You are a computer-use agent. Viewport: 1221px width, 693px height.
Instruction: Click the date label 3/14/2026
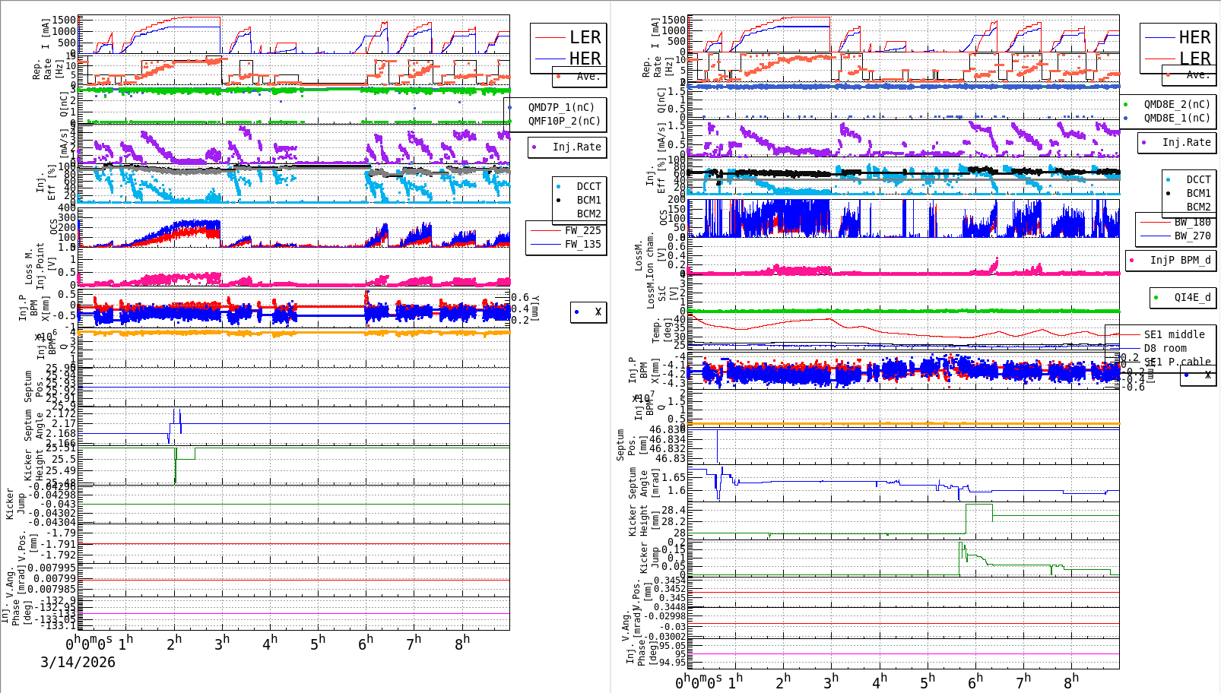coord(78,662)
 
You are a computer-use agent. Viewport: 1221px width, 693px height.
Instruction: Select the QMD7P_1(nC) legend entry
coord(561,107)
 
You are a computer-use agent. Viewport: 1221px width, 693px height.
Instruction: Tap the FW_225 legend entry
coord(582,230)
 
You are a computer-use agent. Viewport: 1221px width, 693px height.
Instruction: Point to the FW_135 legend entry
coord(582,244)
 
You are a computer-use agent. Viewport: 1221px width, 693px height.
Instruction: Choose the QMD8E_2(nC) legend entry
coord(1176,104)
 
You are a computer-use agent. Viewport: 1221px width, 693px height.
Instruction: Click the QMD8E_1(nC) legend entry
coord(1176,118)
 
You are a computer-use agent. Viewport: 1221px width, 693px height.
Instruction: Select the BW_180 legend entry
coord(1192,222)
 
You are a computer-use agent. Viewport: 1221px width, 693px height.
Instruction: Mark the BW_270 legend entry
coord(1192,236)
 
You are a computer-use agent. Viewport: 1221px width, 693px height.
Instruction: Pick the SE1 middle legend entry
coord(1174,334)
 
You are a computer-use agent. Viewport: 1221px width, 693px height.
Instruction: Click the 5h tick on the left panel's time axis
coord(318,642)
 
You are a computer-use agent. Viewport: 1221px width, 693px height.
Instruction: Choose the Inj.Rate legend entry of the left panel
coord(576,147)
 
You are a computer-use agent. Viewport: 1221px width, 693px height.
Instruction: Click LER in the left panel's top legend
coord(585,37)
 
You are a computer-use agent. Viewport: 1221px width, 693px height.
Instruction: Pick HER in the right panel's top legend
coord(1194,37)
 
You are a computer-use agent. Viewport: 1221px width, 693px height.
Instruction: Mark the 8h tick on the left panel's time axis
coord(462,642)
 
